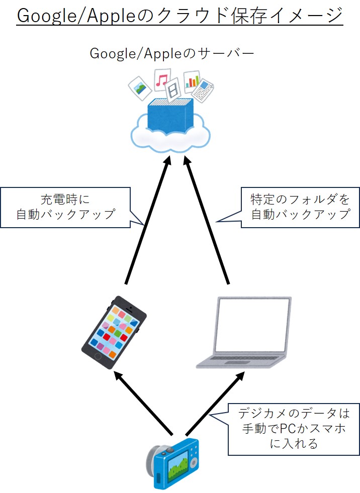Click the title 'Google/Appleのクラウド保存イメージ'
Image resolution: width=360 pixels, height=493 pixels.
[179, 16]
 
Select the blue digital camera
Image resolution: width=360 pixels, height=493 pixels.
[173, 463]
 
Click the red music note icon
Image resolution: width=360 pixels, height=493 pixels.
[161, 81]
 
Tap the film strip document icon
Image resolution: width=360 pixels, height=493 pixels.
[173, 90]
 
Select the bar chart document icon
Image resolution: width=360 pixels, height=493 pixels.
[192, 80]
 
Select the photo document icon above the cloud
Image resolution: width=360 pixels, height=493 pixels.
[140, 88]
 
